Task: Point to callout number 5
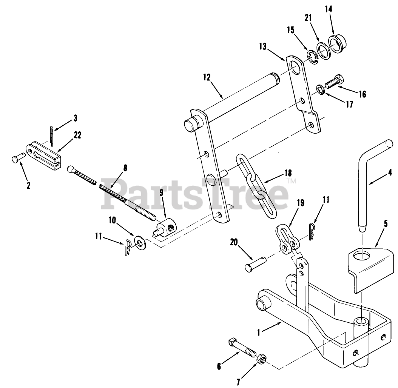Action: click(x=385, y=223)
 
